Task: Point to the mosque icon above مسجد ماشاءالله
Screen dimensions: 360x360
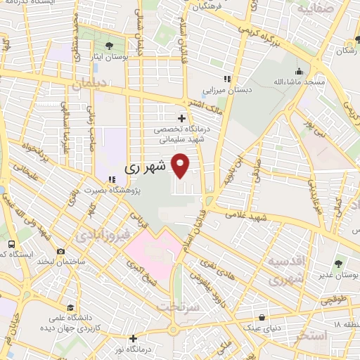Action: [x=300, y=71]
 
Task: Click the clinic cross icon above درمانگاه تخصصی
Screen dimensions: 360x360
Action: [x=183, y=118]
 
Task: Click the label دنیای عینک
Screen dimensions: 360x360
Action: [x=262, y=328]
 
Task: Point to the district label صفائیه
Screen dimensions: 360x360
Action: [x=312, y=11]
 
